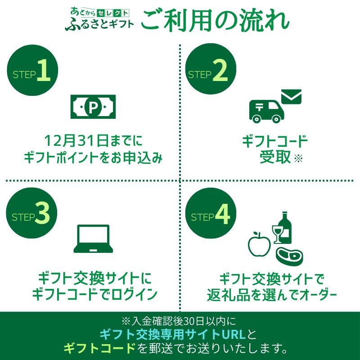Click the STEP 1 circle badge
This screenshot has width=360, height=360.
click(x=32, y=70)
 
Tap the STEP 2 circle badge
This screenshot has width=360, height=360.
click(x=211, y=69)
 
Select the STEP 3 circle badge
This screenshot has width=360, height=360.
click(x=31, y=212)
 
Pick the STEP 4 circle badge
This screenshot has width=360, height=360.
click(x=211, y=213)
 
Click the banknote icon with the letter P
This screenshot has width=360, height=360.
click(x=93, y=107)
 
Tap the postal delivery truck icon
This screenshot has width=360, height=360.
click(x=267, y=111)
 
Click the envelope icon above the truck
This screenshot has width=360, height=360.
click(x=291, y=96)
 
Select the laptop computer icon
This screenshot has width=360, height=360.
click(x=93, y=239)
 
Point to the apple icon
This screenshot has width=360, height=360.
click(x=260, y=244)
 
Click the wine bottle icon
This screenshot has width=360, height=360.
click(x=285, y=228)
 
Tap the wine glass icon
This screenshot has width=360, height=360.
click(x=277, y=234)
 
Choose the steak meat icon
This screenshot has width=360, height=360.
click(x=289, y=256)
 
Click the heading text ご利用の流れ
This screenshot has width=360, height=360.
click(x=215, y=21)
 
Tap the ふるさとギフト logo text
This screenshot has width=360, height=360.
click(x=99, y=24)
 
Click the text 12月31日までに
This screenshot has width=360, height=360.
click(x=93, y=141)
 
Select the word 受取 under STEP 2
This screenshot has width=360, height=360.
click(x=275, y=157)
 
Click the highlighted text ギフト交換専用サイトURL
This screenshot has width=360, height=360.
click(x=173, y=334)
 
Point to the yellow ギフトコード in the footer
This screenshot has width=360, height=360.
click(x=99, y=348)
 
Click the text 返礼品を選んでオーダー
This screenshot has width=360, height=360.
click(x=272, y=295)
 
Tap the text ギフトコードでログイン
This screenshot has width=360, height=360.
click(x=94, y=294)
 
